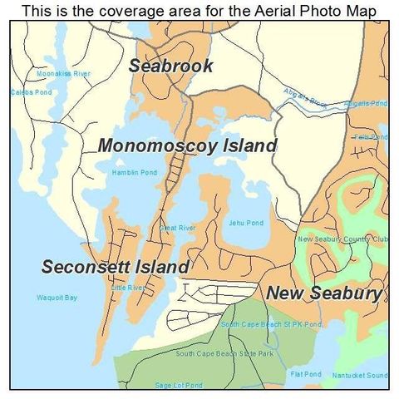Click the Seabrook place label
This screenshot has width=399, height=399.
click(170, 66)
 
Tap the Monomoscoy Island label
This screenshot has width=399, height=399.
click(187, 145)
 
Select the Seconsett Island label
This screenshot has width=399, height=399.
click(116, 267)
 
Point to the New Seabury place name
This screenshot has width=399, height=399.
click(324, 293)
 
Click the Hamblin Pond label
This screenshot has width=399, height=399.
click(134, 172)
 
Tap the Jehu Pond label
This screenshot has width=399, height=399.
click(245, 223)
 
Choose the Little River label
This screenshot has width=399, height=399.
click(128, 288)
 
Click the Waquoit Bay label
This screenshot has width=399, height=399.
click(57, 297)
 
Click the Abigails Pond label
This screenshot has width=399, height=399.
click(366, 104)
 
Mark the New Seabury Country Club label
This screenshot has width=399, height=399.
click(342, 239)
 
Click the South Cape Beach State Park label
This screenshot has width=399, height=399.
click(224, 353)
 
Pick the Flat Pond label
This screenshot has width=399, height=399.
click(305, 374)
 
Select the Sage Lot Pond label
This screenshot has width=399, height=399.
click(178, 385)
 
